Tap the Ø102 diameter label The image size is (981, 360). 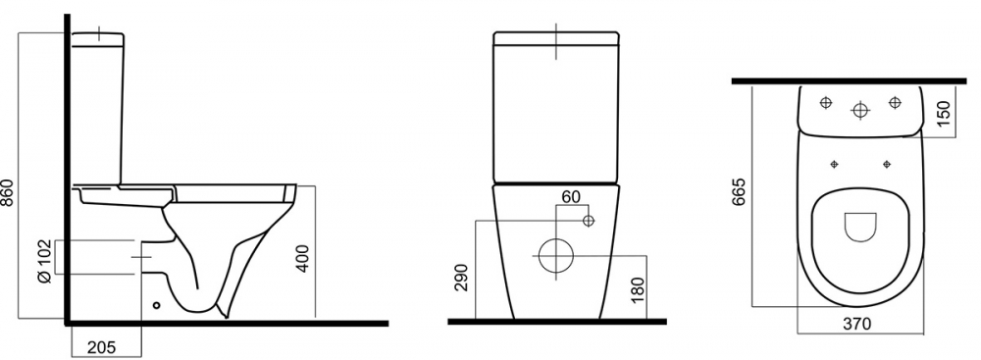pos(43,258)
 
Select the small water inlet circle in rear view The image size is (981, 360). pos(588,221)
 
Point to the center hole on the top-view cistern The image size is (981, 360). pos(860,109)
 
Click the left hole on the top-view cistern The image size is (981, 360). pos(825,102)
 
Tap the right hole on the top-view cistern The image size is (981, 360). pos(895,102)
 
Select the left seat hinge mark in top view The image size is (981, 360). pos(836,162)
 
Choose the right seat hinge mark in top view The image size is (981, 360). pos(886,162)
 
